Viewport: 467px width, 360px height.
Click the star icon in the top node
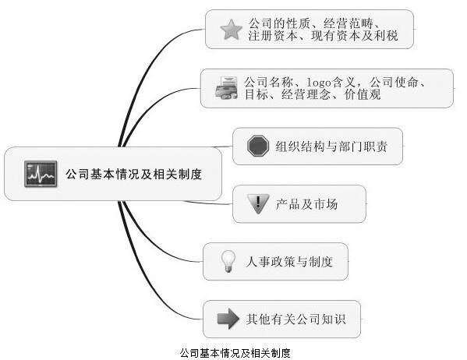click(x=231, y=30)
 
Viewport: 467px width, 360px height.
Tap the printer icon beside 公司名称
click(x=226, y=87)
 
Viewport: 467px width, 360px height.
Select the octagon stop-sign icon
click(x=258, y=146)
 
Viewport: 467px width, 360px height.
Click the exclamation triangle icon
click(x=258, y=204)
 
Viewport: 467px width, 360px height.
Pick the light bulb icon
click(x=228, y=261)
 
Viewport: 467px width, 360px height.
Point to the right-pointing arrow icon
click(x=228, y=319)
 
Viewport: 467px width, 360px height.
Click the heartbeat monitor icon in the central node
click(x=41, y=174)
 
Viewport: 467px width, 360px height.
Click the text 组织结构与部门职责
click(x=331, y=146)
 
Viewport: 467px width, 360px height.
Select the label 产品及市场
click(x=306, y=204)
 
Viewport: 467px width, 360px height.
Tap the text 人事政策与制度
click(x=289, y=262)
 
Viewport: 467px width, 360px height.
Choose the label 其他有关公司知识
click(x=295, y=319)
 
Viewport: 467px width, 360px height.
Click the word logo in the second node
click(x=319, y=83)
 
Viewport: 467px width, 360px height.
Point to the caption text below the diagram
click(x=235, y=353)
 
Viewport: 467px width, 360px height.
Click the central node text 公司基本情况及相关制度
click(x=134, y=175)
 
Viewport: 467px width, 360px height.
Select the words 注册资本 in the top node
click(x=273, y=36)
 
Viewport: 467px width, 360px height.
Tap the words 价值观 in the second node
click(x=363, y=94)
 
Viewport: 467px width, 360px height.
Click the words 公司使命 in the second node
click(x=394, y=82)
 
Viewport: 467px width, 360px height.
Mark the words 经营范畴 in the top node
click(x=348, y=23)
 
